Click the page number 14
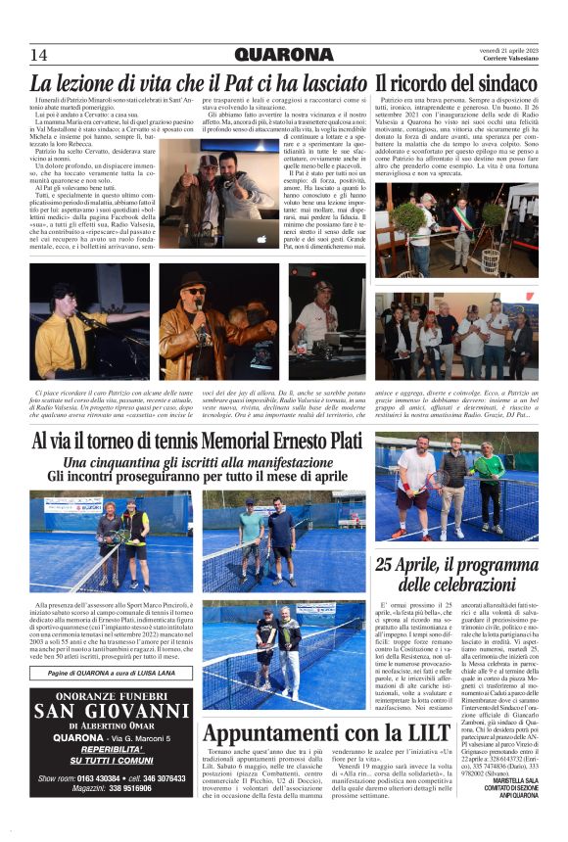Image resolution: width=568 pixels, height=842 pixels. pyautogui.click(x=39, y=54)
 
